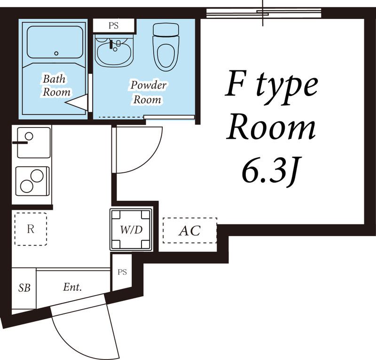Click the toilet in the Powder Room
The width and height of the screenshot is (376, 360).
[x=166, y=47]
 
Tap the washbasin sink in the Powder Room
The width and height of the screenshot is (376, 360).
[x=114, y=51]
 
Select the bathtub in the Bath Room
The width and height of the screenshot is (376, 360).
[x=55, y=42]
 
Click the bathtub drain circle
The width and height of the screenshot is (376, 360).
[x=56, y=53]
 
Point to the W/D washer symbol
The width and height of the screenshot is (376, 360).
[x=131, y=230]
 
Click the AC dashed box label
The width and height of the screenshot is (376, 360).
[x=189, y=231]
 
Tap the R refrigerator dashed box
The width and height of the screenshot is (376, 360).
[x=31, y=229]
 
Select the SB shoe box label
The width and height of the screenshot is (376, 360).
[x=24, y=288]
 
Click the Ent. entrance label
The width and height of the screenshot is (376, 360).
[x=72, y=287]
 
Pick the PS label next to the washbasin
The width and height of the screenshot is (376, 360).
[x=113, y=26]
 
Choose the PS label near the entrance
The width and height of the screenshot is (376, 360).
[x=122, y=272]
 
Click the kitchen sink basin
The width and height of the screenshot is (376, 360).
[x=34, y=143]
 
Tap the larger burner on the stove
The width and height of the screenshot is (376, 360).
[x=37, y=176]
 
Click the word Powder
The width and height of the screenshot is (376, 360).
[x=149, y=86]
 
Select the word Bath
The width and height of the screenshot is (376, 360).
[x=54, y=79]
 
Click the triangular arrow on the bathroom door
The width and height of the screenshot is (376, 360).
[x=77, y=103]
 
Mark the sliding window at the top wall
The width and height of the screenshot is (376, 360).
[x=264, y=13]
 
